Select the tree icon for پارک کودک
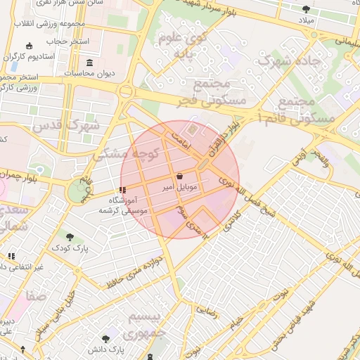point(69,236)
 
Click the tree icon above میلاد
point(306,9)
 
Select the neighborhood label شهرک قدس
point(67,126)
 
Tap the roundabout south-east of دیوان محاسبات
point(126,91)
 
